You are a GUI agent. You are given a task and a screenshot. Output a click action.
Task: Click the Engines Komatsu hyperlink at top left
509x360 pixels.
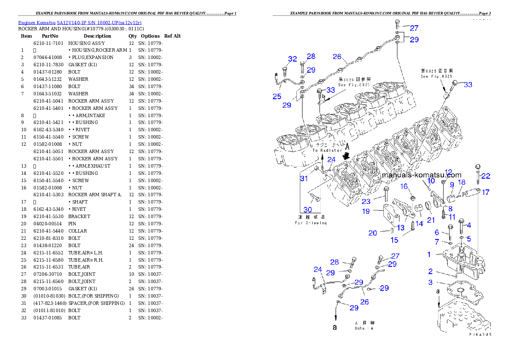pyautogui.click(x=80, y=22)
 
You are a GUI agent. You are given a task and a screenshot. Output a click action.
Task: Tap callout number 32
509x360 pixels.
pyautogui.click(x=292, y=59)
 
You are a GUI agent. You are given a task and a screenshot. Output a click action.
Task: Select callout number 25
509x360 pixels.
pyautogui.click(x=277, y=97)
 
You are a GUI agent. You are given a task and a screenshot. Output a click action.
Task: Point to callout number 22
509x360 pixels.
pyautogui.click(x=485, y=176)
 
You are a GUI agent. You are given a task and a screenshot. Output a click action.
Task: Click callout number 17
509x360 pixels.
pyautogui.click(x=485, y=192)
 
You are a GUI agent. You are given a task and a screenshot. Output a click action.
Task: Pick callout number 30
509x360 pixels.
pyautogui.click(x=308, y=210)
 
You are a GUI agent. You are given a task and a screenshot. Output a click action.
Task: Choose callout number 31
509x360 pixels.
pyautogui.click(x=304, y=178)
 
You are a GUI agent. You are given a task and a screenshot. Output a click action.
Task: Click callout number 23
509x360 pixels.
pyautogui.click(x=366, y=201)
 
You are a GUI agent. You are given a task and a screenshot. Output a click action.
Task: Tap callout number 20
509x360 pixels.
pyautogui.click(x=373, y=233)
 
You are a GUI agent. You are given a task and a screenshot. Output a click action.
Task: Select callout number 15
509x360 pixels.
pyautogui.click(x=394, y=240)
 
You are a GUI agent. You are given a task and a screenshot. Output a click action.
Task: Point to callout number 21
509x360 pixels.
pyautogui.click(x=430, y=220)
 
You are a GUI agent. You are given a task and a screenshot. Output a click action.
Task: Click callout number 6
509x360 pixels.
pyautogui.click(x=437, y=233)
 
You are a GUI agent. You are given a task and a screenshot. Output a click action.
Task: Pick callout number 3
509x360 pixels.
pyautogui.click(x=430, y=282)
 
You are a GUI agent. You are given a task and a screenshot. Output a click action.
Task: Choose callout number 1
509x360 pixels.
pyautogui.click(x=429, y=254)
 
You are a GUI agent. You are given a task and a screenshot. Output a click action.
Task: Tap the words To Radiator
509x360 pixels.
pyautogui.click(x=327, y=150)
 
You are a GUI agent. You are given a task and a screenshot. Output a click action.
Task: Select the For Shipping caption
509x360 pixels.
pyautogui.click(x=311, y=223)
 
